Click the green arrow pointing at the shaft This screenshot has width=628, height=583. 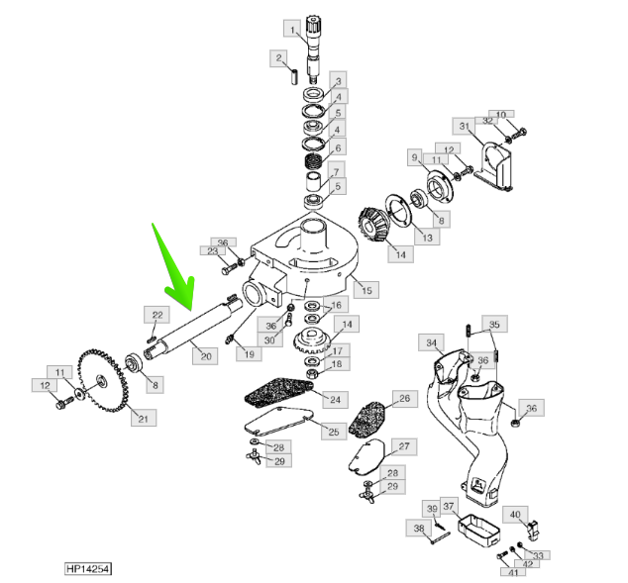175,271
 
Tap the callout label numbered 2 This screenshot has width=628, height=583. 279,59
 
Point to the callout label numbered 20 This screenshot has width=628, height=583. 206,354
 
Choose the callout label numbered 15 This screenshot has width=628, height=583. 366,290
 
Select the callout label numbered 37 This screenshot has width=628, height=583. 448,508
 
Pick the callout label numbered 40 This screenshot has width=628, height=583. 515,514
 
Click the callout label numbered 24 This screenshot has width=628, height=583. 336,400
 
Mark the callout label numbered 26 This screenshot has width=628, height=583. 404,399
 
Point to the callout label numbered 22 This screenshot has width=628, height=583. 157,315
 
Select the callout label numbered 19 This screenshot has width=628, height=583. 248,353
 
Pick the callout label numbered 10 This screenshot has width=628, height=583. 500,115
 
